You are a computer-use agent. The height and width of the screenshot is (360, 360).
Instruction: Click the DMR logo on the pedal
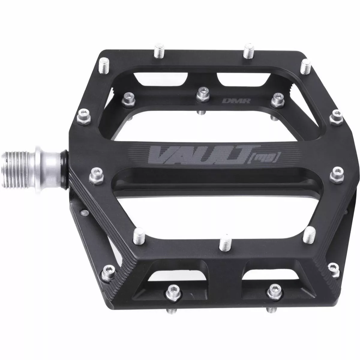pyautogui.click(x=229, y=102)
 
